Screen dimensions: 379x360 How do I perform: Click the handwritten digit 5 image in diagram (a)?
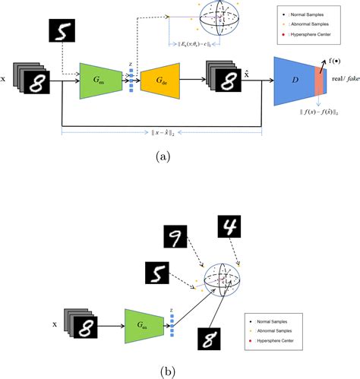[63, 33]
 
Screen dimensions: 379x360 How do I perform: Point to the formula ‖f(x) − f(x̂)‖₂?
[317, 114]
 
